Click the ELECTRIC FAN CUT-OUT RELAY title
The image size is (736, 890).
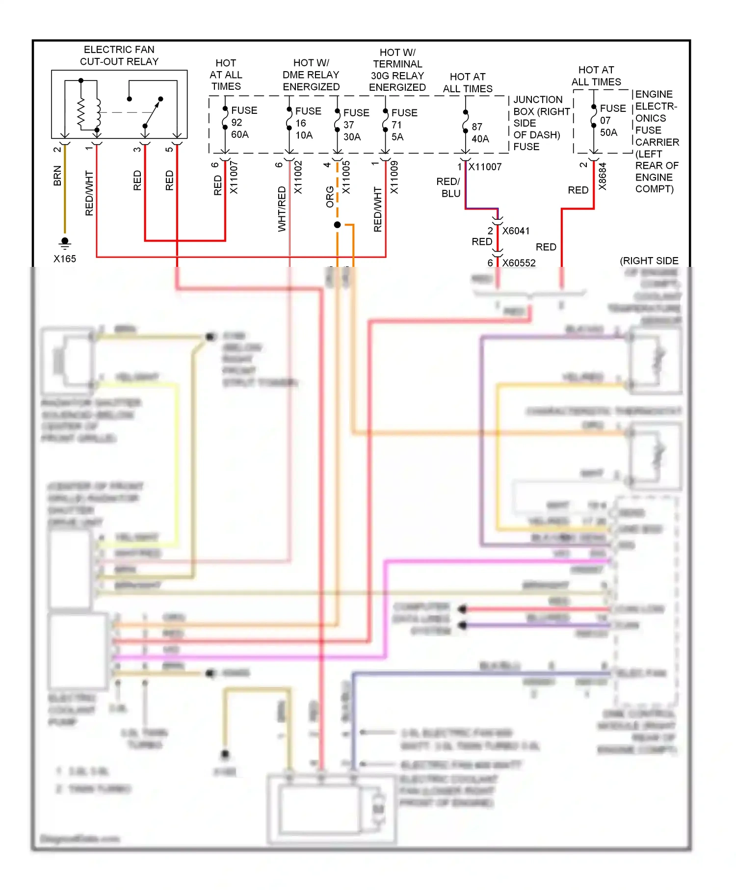point(119,55)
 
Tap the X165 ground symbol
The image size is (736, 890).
point(65,243)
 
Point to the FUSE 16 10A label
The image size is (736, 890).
point(308,123)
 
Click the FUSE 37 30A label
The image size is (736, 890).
point(356,125)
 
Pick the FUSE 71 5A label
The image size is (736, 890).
point(404,125)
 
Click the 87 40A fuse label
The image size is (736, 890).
point(480,132)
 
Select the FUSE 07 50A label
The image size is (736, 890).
point(612,120)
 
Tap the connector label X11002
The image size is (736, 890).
point(298,177)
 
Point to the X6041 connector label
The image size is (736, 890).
point(516,231)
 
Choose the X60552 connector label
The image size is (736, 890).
point(519,263)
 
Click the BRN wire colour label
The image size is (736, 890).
point(57,176)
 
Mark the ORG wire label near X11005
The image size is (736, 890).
point(330,196)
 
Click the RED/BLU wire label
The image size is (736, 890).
point(449,187)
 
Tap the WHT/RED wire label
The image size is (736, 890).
point(282,209)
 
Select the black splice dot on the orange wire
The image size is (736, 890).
point(337,225)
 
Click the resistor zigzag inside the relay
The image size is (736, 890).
point(81,113)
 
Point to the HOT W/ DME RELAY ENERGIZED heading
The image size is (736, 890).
point(311,75)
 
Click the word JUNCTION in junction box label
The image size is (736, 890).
point(538,100)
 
